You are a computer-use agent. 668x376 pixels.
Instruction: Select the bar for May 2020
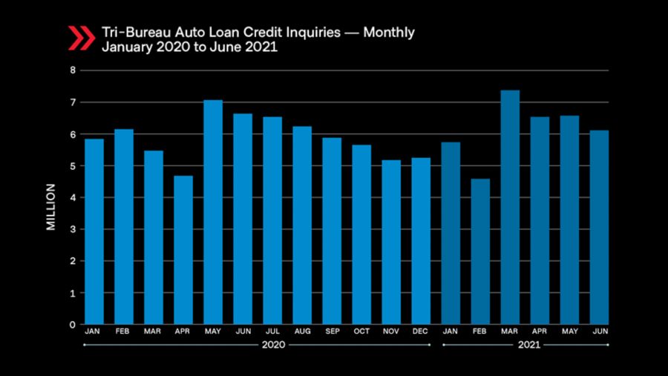(x=213, y=212)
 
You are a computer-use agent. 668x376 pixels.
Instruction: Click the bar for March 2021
(x=510, y=208)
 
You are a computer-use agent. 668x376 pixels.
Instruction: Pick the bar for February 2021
(x=480, y=251)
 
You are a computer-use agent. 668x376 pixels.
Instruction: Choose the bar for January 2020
(x=94, y=231)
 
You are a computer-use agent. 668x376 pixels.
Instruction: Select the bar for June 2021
(x=599, y=227)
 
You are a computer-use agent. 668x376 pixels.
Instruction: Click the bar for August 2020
(x=302, y=225)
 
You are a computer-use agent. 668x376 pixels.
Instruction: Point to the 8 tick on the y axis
(x=73, y=70)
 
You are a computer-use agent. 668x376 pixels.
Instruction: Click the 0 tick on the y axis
(x=73, y=325)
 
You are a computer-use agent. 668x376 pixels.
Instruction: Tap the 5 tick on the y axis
(x=73, y=166)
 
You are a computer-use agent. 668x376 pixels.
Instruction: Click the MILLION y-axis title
(x=51, y=207)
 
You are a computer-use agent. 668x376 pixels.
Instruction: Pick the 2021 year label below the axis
(x=525, y=346)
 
